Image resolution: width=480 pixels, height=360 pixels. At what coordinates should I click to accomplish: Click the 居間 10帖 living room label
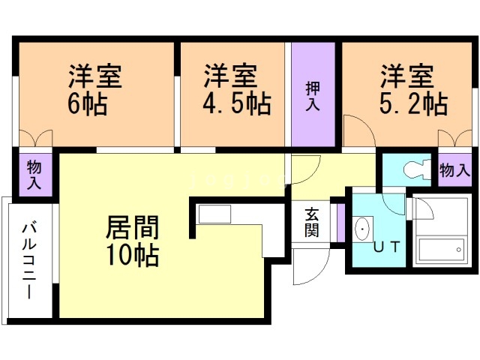[132, 241]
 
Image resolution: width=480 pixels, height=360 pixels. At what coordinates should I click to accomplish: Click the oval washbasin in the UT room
[363, 227]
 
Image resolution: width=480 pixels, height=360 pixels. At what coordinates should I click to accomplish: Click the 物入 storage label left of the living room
[34, 174]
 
